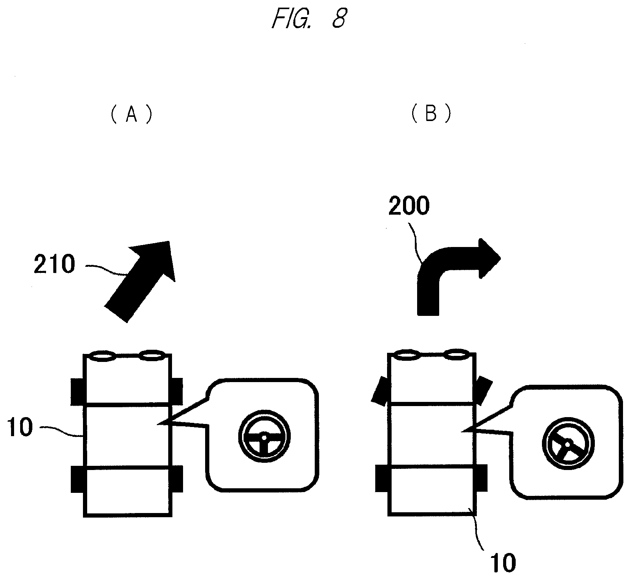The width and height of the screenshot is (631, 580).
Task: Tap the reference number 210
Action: coord(54,265)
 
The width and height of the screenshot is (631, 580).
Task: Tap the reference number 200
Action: coord(408,206)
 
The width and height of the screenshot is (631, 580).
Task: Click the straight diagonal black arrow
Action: coord(139,282)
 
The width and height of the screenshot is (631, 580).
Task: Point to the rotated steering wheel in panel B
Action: coord(568,444)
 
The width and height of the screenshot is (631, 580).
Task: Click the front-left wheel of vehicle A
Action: coord(77,392)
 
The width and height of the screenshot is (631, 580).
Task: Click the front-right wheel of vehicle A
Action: coord(177,392)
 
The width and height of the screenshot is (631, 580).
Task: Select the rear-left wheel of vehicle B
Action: coord(381,478)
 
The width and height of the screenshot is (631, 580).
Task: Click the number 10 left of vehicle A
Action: coord(20,427)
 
